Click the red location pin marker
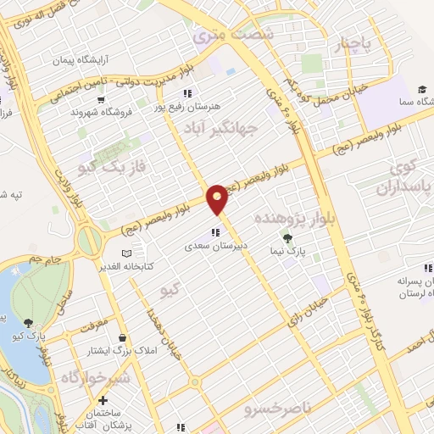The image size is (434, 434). tap(217, 198)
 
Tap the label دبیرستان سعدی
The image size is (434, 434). tap(217, 248)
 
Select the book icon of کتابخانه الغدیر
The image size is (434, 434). tap(126, 253)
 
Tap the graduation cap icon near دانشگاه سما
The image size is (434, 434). tap(421, 88)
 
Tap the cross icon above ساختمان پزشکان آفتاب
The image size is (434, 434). tap(103, 400)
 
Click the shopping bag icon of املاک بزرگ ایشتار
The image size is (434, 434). tap(123, 337)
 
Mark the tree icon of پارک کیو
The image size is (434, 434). tap(30, 322)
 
